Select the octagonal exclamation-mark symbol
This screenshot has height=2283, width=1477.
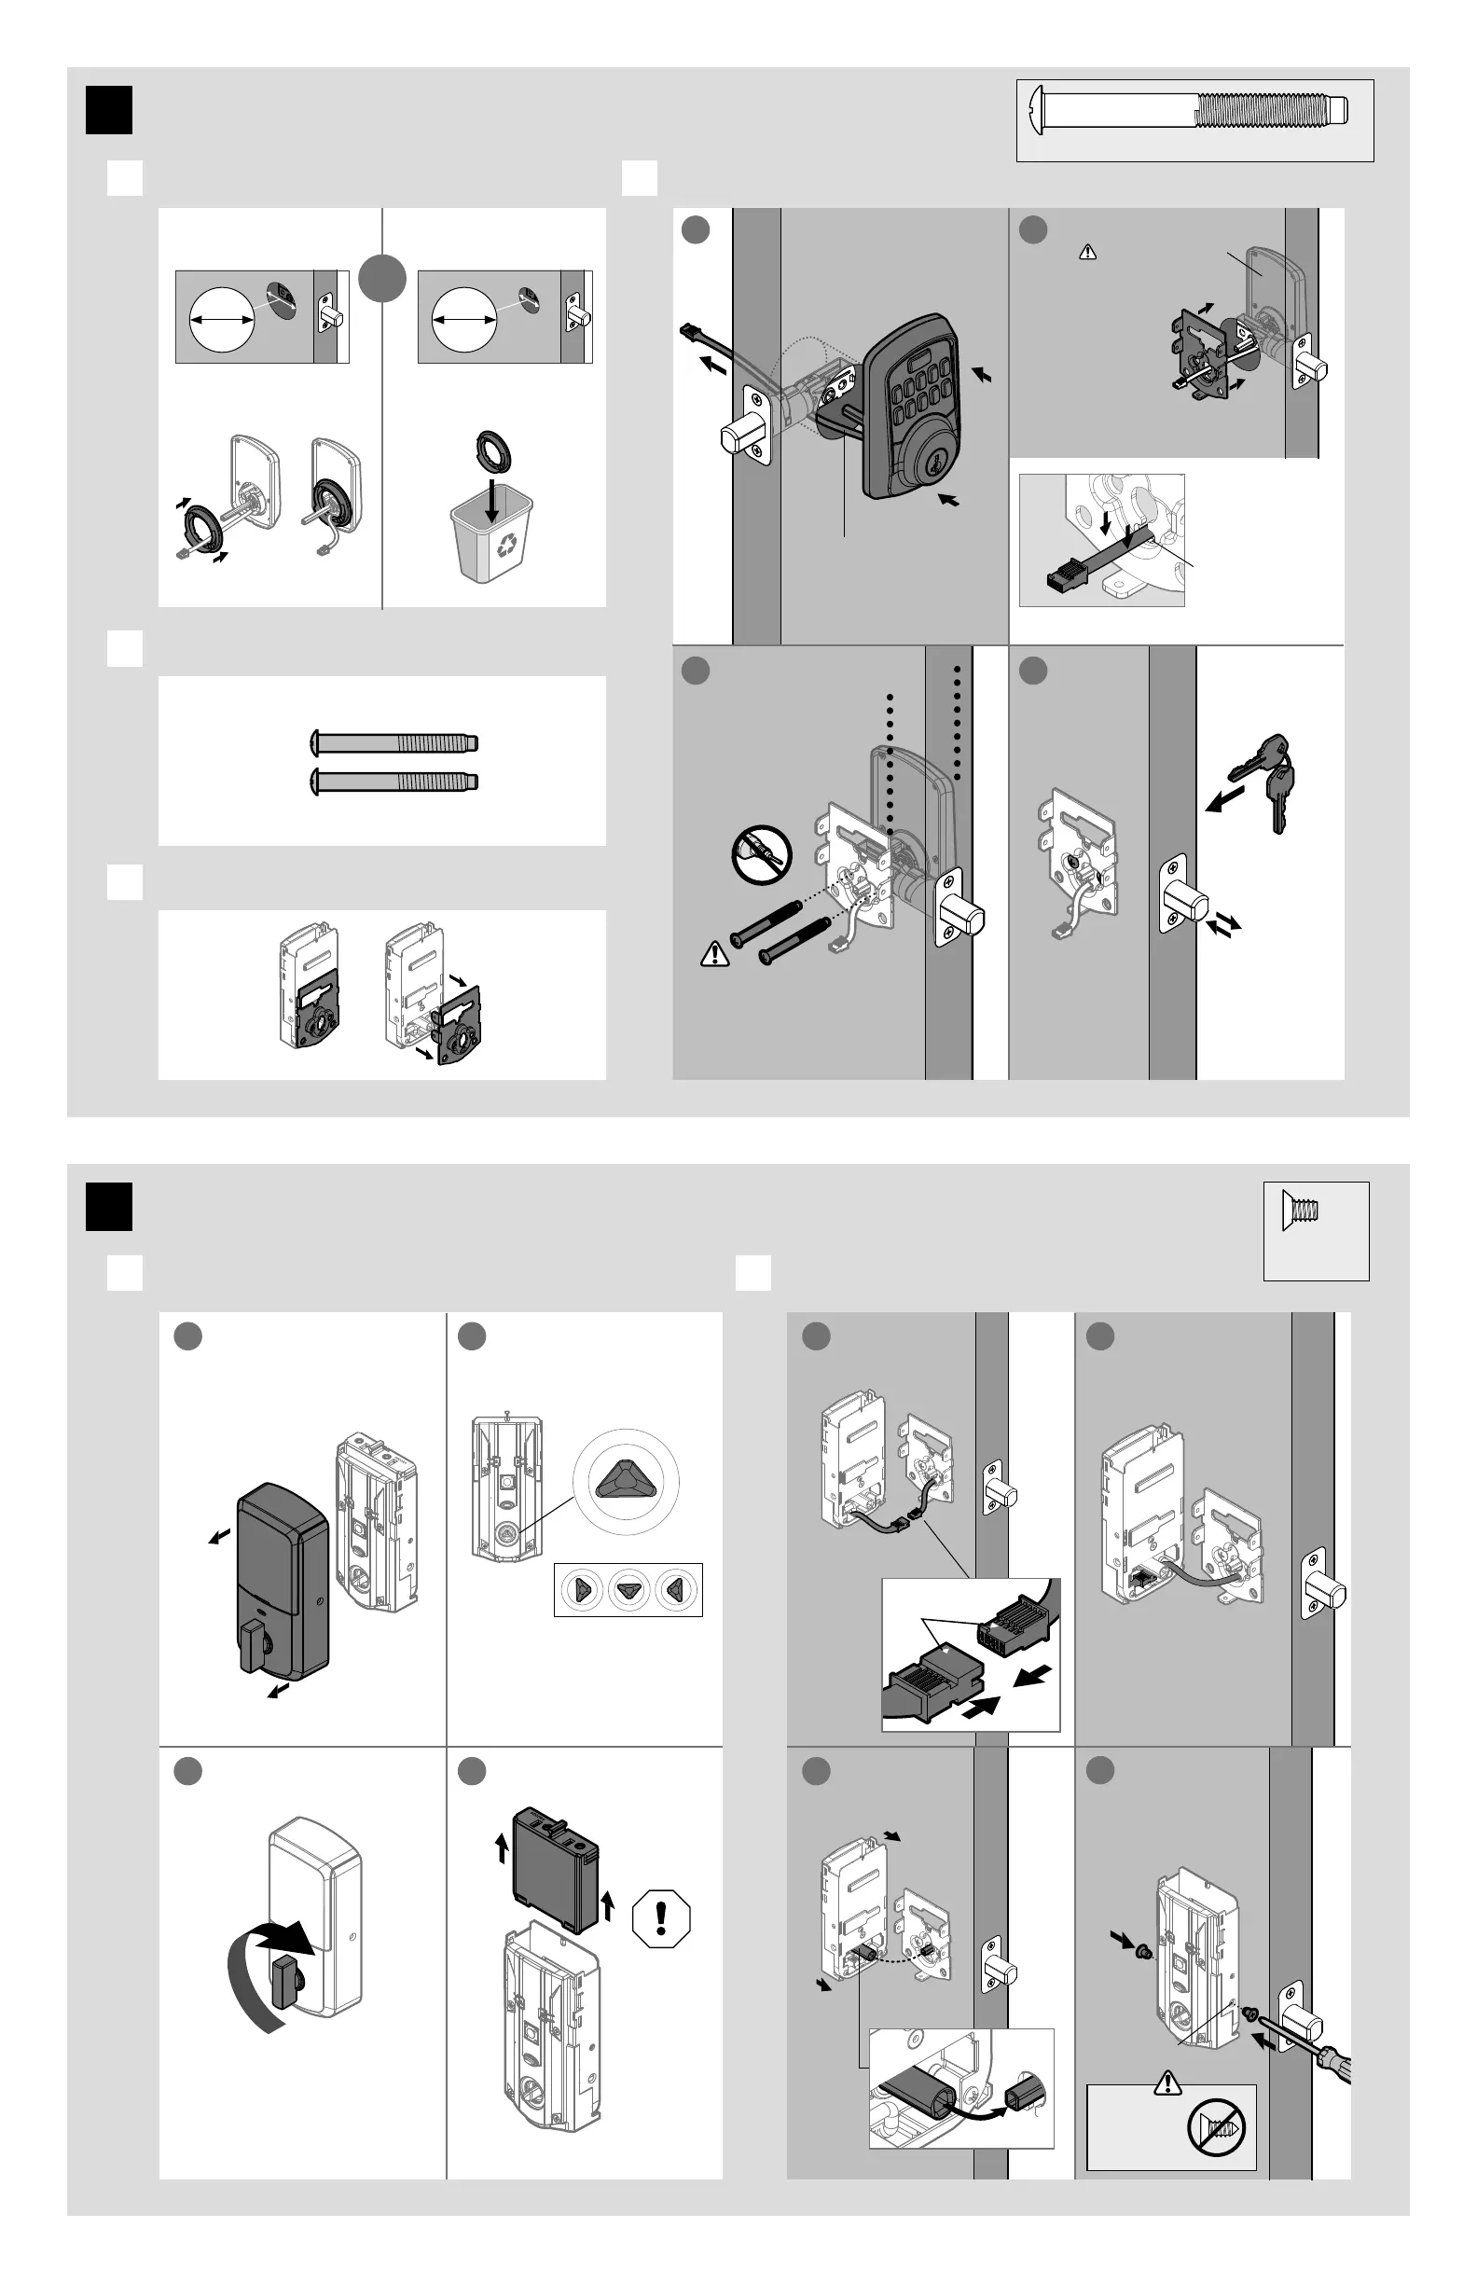[x=661, y=1918]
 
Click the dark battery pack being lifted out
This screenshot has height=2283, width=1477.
[x=556, y=1869]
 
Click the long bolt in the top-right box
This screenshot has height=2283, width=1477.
[x=1194, y=110]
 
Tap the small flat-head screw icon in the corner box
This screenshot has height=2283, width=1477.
[x=1301, y=1210]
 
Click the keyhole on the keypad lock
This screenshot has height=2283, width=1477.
[x=906, y=464]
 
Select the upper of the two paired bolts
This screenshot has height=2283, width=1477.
[x=394, y=742]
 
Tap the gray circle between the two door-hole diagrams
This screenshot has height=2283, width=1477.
[x=382, y=279]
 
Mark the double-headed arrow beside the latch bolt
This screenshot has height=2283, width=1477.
[x=1222, y=925]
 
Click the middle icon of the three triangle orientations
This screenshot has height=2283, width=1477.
[x=628, y=1589]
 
